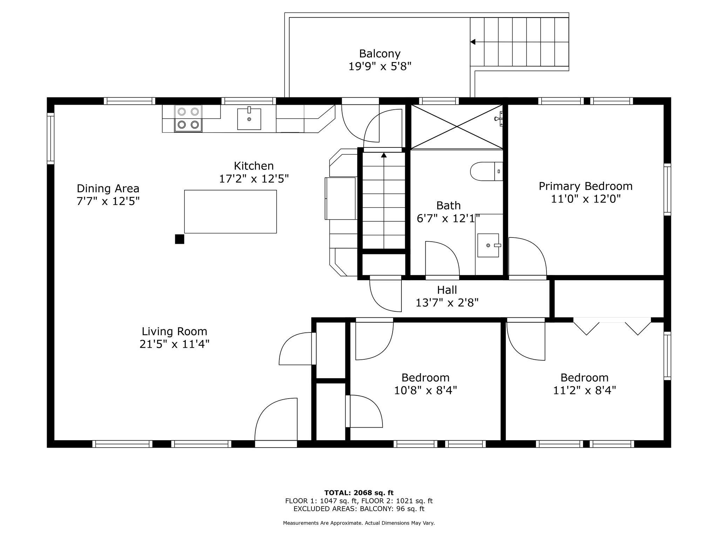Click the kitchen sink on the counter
249,118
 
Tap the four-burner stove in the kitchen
188,118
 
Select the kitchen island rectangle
230,212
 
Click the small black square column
179,239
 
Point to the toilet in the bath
486,171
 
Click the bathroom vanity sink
488,245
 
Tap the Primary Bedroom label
585,186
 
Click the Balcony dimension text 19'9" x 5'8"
380,66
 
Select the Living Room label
174,331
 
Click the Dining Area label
108,188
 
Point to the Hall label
447,290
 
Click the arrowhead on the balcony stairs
473,42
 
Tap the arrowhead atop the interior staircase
384,155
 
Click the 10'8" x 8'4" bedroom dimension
426,390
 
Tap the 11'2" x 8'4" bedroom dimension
584,390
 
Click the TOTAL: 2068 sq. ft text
359,493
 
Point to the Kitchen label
254,166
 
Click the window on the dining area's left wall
51,139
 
